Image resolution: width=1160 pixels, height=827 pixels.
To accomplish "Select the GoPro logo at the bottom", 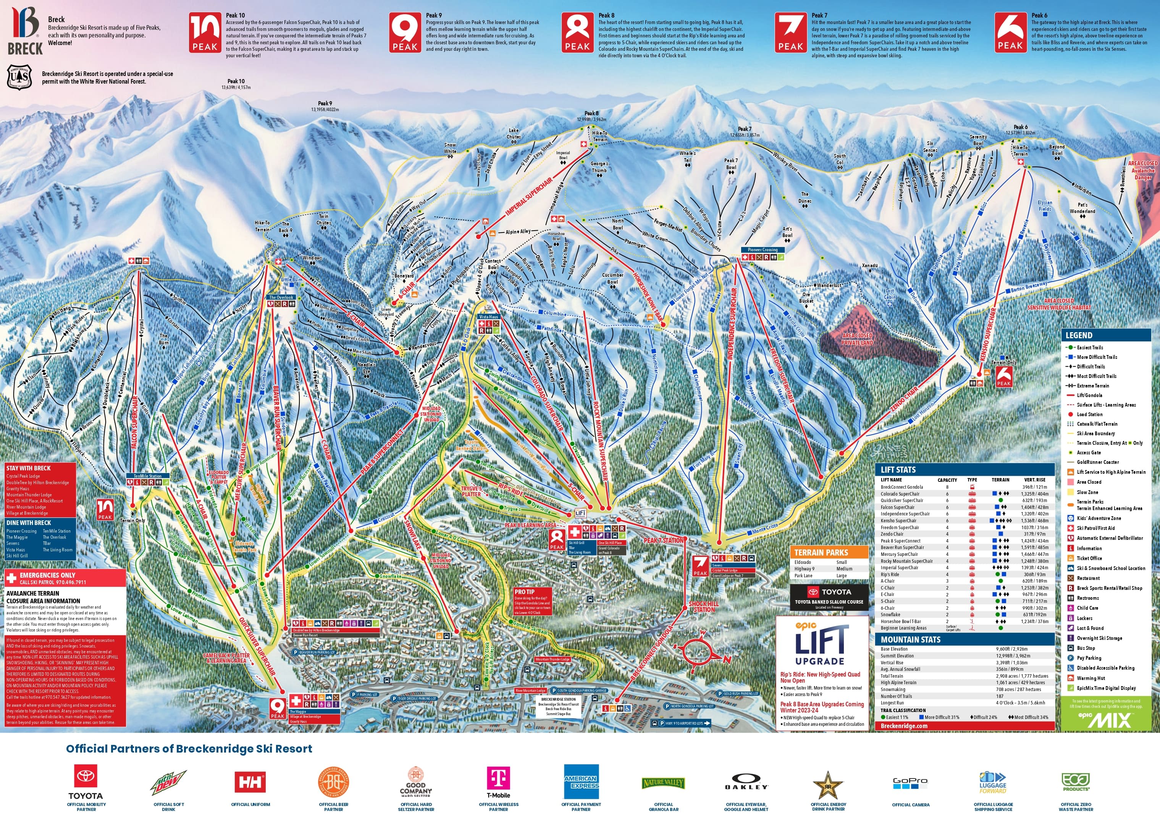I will (x=911, y=783).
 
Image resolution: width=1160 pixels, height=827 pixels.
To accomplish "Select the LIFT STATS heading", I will (x=898, y=470).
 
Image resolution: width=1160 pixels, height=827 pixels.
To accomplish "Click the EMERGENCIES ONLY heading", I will (x=47, y=575).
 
